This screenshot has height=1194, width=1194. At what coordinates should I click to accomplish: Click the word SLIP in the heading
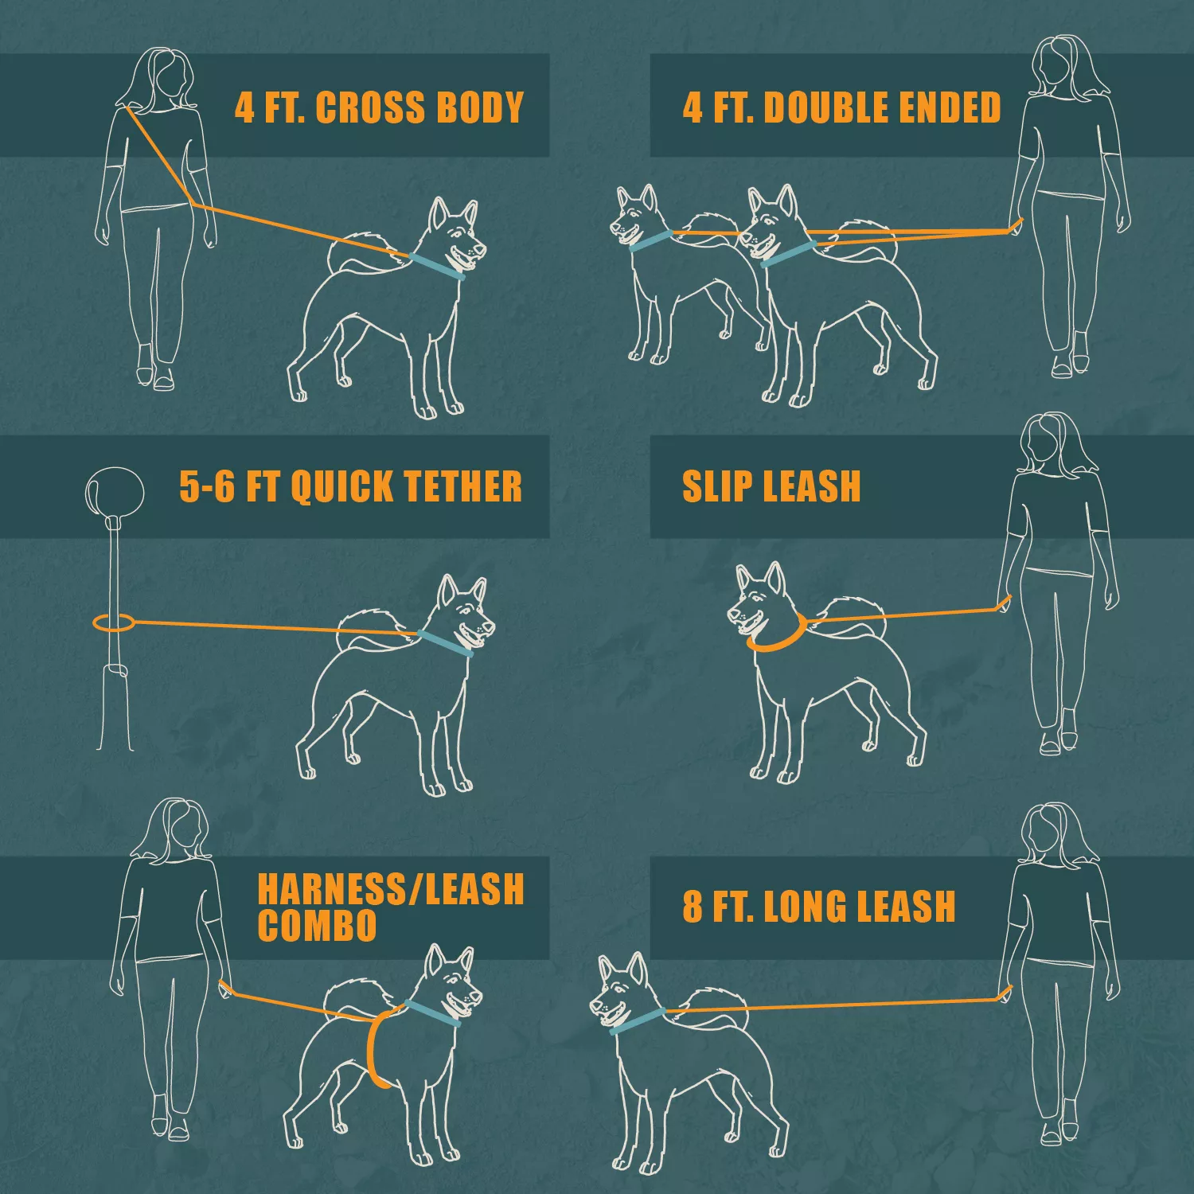pyautogui.click(x=716, y=486)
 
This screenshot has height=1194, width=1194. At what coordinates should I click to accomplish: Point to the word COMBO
pyautogui.click(x=317, y=925)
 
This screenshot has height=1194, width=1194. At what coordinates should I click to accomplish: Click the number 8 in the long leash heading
pyautogui.click(x=693, y=907)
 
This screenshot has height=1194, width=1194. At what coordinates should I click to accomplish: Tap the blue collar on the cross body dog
pyautogui.click(x=437, y=266)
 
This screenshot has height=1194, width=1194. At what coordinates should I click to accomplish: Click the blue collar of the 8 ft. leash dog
pyautogui.click(x=637, y=1020)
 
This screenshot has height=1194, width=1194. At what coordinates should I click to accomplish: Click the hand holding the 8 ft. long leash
pyautogui.click(x=1006, y=994)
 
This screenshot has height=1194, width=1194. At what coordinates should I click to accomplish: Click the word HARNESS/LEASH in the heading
pyautogui.click(x=390, y=889)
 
